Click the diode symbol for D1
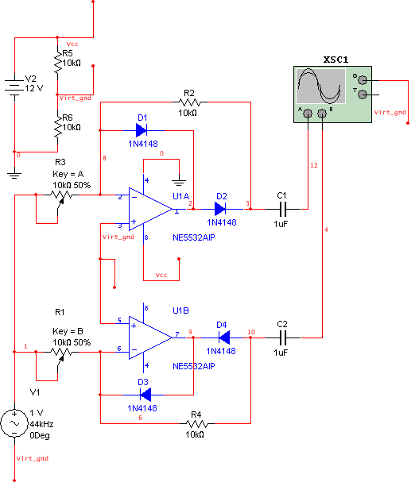tap(142, 130)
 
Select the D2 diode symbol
tap(220, 209)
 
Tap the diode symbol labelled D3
tap(145, 395)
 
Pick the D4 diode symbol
tap(224, 337)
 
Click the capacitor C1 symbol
tap(283, 209)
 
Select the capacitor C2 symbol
tap(283, 337)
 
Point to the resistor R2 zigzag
tap(190, 102)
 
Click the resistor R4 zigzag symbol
tap(197, 423)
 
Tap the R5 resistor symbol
tap(58, 63)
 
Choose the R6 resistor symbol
tap(58, 127)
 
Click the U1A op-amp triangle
tap(150, 209)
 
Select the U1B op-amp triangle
tap(150, 337)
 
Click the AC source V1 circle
tap(14, 423)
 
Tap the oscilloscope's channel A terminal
tap(308, 114)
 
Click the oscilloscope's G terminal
tap(363, 80)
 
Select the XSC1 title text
tap(335, 60)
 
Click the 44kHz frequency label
tap(41, 424)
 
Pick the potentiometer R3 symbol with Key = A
tap(61, 196)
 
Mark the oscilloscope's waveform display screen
tap(321, 87)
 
